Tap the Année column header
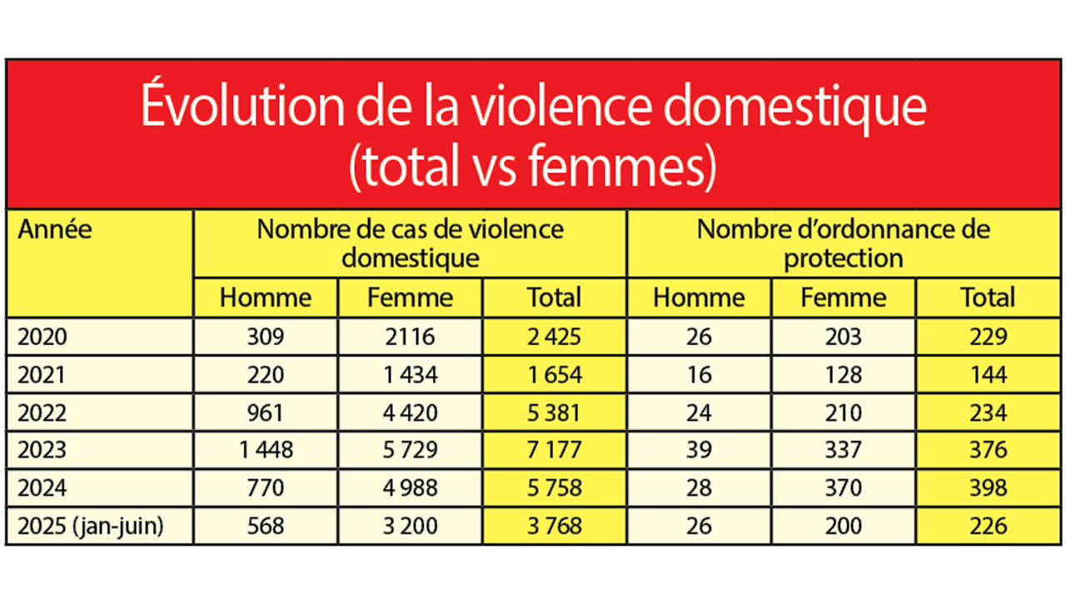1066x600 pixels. [x=55, y=229]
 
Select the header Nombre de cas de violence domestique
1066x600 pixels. [x=410, y=242]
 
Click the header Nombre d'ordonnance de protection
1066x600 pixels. [x=843, y=242]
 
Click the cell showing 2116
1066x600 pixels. [x=410, y=337]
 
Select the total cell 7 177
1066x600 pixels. [x=554, y=450]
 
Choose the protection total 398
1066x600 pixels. [x=988, y=488]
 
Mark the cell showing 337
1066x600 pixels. [x=843, y=450]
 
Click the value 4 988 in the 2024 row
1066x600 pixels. [x=410, y=488]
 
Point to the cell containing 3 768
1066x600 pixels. [x=554, y=526]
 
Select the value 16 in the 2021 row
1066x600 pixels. [x=699, y=375]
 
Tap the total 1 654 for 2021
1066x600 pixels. [x=554, y=375]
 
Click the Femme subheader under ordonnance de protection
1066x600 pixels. [x=843, y=297]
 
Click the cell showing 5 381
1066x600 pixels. [x=554, y=412]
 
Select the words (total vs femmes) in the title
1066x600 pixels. [x=533, y=167]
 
